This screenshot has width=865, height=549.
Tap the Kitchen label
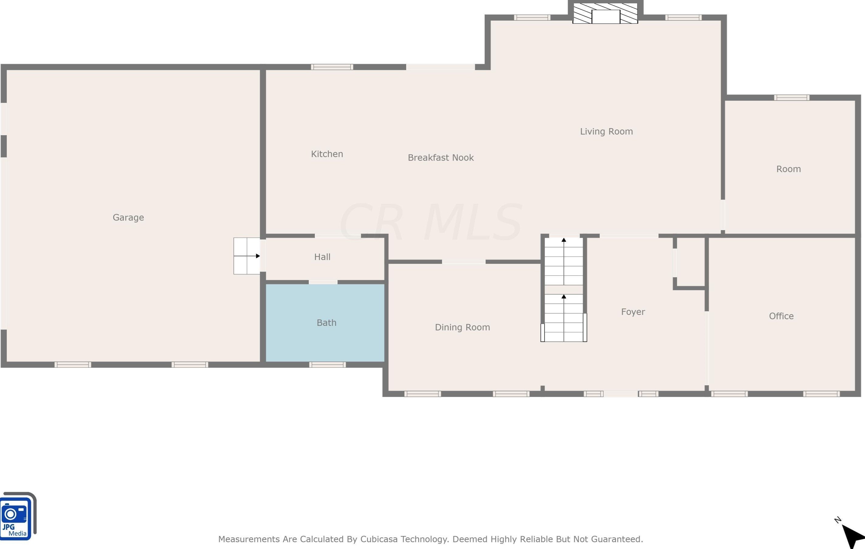point(327,154)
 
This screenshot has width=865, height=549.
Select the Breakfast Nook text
point(441,158)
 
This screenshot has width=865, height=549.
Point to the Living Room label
point(606,131)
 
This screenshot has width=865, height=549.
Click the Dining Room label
point(462,327)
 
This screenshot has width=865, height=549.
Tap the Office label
point(781,316)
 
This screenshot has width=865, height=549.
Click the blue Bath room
point(325,323)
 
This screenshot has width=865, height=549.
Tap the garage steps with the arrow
point(247,256)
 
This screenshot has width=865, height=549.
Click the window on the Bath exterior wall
point(327,365)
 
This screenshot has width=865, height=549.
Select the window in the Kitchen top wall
point(332,67)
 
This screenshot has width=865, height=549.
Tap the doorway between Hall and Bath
point(323,282)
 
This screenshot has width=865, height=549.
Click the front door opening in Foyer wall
point(620,394)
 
